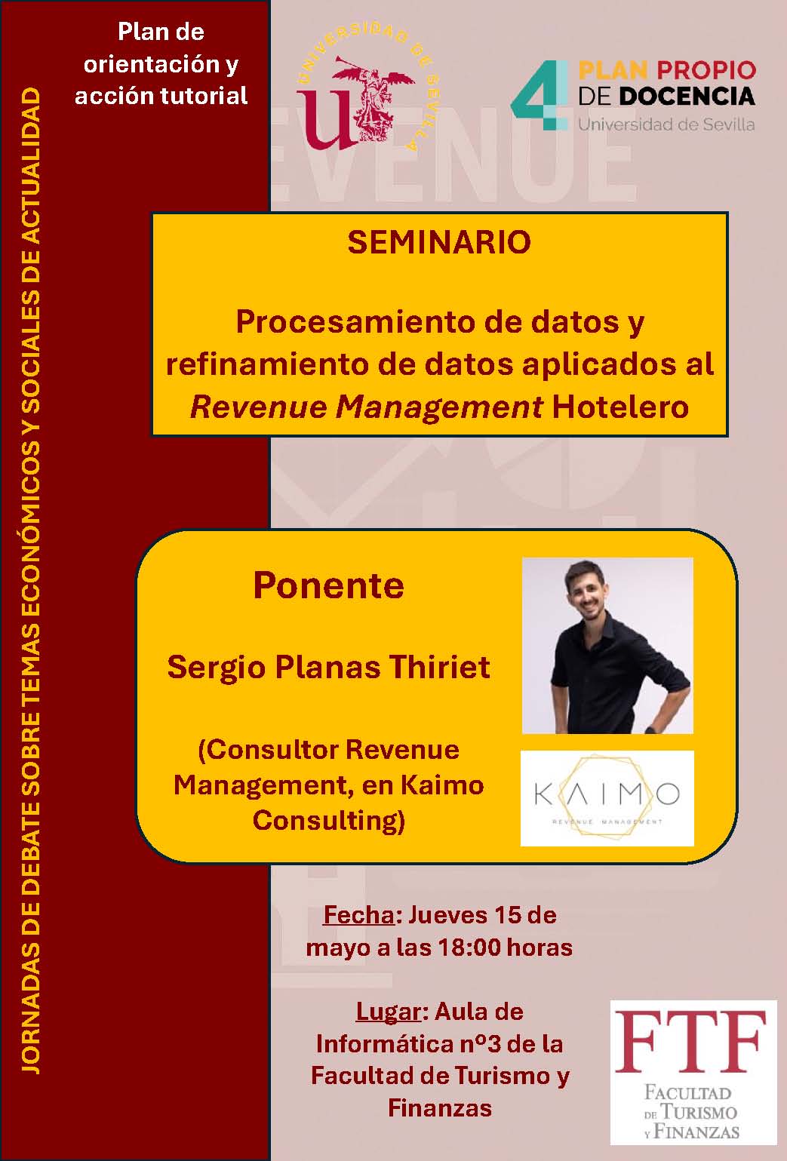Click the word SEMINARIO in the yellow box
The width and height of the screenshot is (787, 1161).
pos(439,242)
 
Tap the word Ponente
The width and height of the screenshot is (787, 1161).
pos(328,585)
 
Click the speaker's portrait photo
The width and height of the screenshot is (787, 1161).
pos(607,645)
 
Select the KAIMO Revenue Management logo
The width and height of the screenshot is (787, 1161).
pos(607,797)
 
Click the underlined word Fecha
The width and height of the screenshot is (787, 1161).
pos(358,914)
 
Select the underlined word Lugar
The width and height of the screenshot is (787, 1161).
pos(388,1011)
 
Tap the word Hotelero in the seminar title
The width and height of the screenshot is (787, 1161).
pos(620,407)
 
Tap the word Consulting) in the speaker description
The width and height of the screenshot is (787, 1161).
pos(328,820)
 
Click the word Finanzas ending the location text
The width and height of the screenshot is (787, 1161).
pos(439,1107)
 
